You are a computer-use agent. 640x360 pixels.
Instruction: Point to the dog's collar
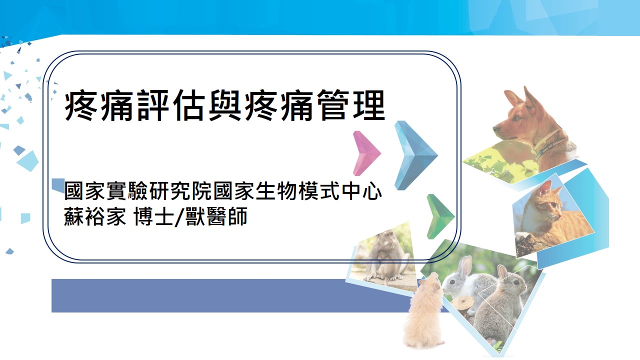550,142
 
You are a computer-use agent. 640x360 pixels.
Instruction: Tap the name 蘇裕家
95,218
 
